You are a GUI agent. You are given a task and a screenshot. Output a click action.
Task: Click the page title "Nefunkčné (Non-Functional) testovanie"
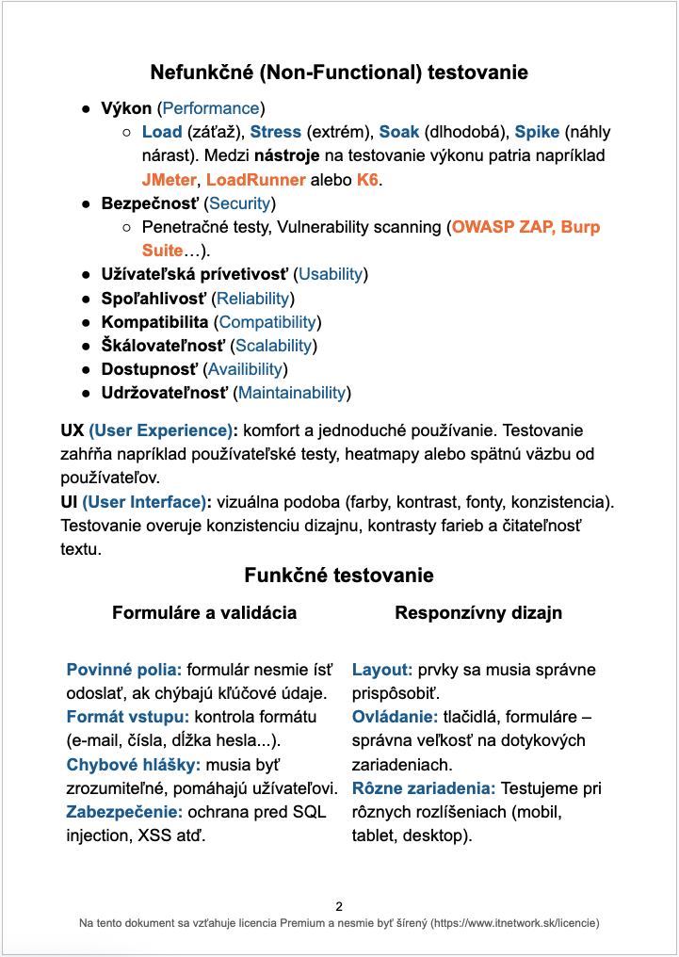(339, 73)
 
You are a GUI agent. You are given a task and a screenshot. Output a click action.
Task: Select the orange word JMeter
(169, 179)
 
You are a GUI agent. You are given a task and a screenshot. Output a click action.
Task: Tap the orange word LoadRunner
(256, 179)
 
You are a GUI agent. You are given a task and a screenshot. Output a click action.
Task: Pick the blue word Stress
(275, 132)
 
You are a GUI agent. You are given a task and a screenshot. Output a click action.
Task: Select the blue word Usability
(331, 274)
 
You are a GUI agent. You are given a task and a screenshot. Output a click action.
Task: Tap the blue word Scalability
(275, 346)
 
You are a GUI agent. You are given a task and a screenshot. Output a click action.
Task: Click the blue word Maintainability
(292, 393)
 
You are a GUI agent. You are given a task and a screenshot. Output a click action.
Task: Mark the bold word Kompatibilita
(154, 322)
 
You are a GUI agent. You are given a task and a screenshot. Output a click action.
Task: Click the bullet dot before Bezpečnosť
(86, 203)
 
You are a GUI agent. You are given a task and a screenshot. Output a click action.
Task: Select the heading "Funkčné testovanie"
(339, 575)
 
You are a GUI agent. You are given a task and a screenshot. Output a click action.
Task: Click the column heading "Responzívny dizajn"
(478, 612)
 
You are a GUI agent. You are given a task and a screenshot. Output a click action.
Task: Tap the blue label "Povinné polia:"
(124, 671)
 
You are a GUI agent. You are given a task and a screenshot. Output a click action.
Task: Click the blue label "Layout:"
(382, 671)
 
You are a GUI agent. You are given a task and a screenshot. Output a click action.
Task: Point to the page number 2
(339, 906)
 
